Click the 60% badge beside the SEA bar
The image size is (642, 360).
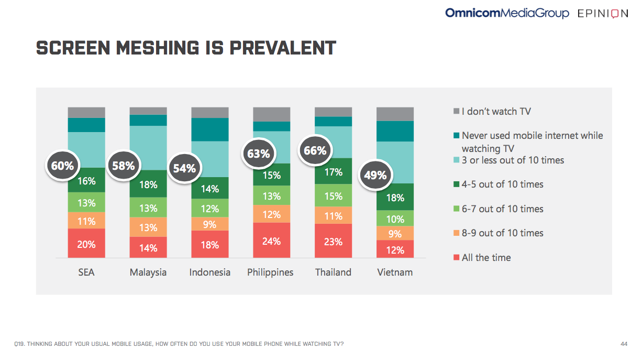pos(62,166)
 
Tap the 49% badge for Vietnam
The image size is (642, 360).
pos(375,175)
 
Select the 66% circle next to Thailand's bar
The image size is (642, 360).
pos(315,151)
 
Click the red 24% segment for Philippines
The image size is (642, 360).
pos(271,241)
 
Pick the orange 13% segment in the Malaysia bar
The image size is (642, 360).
pos(148,227)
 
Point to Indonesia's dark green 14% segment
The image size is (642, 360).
pos(209,188)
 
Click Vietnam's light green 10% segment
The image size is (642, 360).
pos(395,219)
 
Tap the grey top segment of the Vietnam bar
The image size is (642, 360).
pos(395,114)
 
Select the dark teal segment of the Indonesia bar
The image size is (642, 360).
pos(209,129)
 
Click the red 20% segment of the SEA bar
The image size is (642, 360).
pos(86,244)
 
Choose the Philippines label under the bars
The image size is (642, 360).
pos(270,272)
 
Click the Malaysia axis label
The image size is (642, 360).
pos(148,272)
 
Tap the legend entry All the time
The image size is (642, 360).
pos(486,258)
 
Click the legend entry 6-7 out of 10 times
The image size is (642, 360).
pos(502,209)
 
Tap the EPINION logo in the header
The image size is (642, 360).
pos(602,14)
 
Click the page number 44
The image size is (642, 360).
pos(623,344)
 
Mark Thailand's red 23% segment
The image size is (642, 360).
pos(333,241)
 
